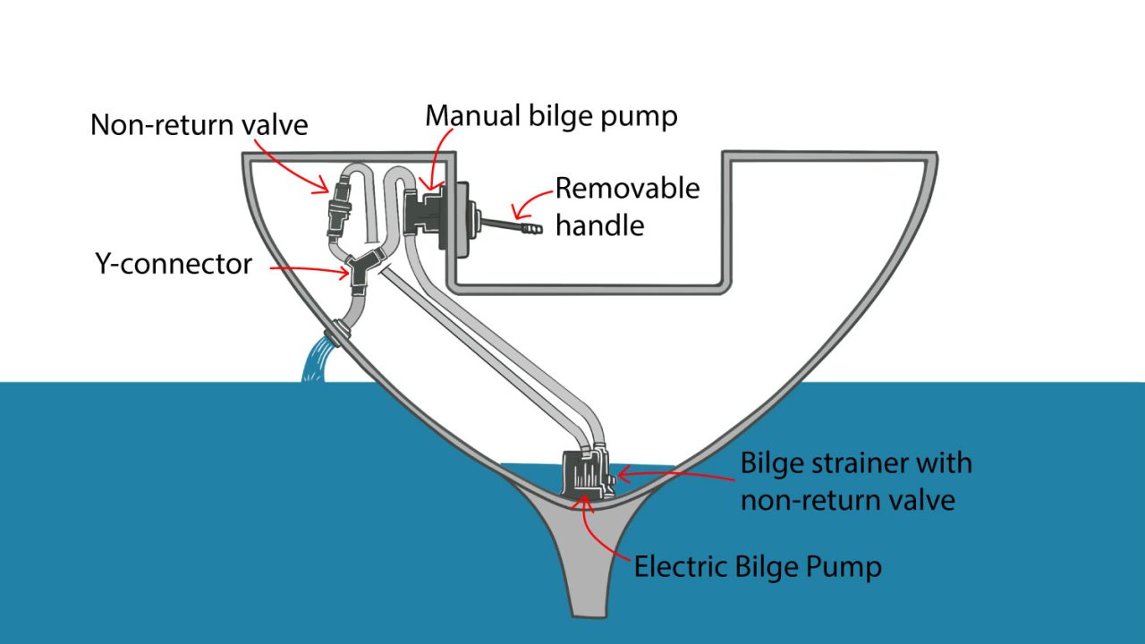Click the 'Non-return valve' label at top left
(199, 124)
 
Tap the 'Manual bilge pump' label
(551, 116)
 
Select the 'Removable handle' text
(626, 206)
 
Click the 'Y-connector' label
(173, 264)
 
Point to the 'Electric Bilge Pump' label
(758, 567)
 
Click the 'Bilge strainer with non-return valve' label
(855, 480)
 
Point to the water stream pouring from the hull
(315, 362)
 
